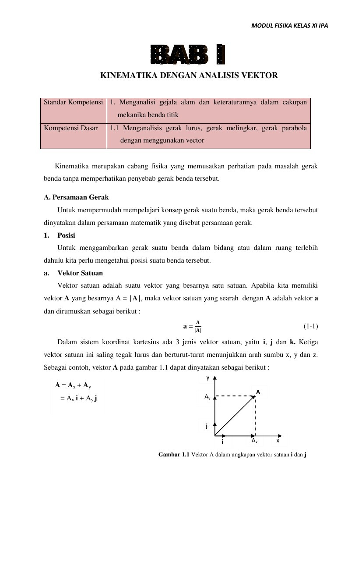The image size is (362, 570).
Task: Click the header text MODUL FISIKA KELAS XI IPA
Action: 289,25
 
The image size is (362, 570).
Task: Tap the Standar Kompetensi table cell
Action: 73,102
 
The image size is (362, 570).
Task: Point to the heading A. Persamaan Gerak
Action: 76,197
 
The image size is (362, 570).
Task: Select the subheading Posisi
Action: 66,235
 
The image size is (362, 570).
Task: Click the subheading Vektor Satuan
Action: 80,273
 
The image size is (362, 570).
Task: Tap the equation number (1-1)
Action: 310,326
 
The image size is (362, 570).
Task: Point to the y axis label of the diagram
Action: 208,378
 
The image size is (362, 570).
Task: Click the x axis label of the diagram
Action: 278,441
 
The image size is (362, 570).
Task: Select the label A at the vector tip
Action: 258,392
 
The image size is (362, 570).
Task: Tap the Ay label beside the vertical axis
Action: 207,397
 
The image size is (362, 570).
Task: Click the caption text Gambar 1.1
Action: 173,455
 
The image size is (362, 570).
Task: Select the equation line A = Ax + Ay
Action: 73,385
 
